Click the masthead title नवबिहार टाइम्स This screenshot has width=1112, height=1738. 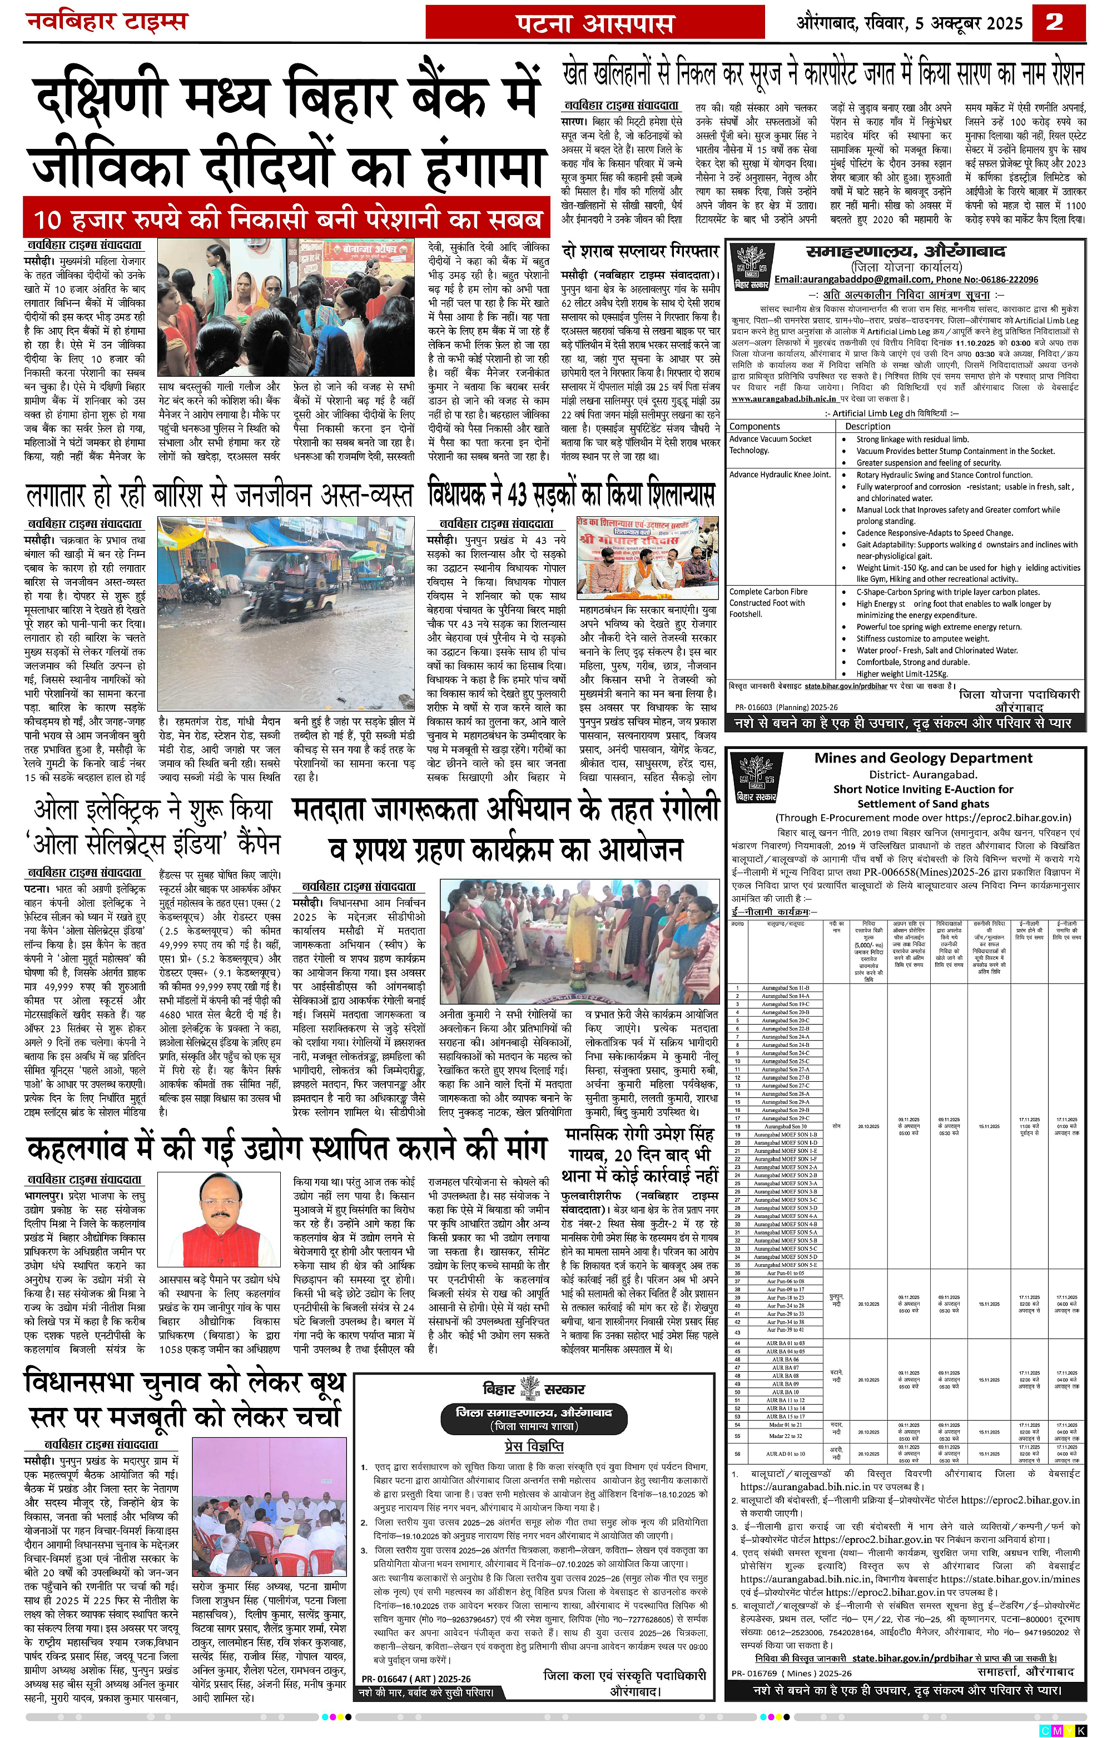pos(107,21)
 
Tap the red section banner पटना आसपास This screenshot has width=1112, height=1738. pos(594,23)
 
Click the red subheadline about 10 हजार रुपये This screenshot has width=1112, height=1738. pos(287,219)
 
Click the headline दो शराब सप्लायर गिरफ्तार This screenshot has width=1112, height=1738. pos(640,252)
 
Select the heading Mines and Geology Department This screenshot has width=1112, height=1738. pos(923,758)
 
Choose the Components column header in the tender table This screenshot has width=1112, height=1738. pos(754,427)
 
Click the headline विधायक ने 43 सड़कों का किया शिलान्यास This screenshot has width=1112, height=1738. pos(570,495)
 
